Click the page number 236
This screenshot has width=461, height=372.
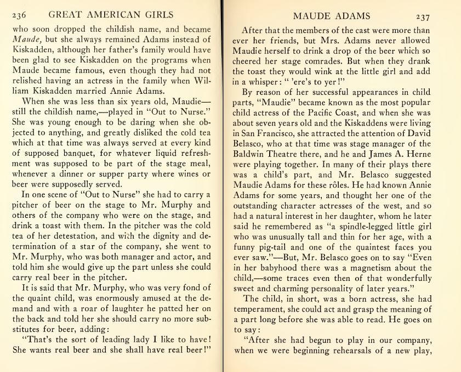click(19, 14)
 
